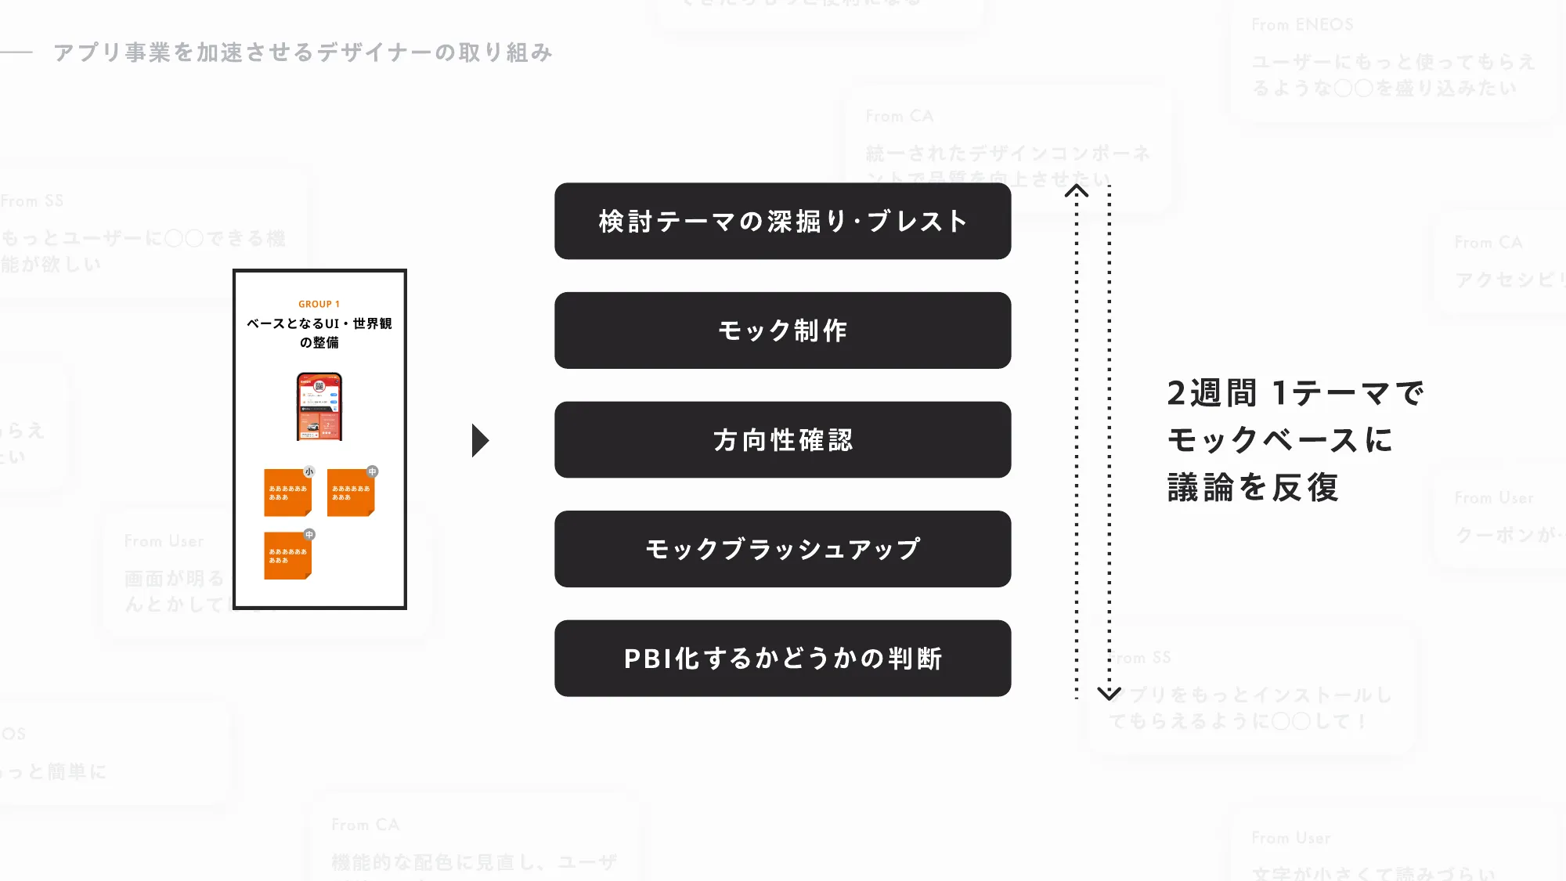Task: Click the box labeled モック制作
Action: pyautogui.click(x=782, y=330)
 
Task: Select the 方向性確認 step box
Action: pyautogui.click(x=782, y=440)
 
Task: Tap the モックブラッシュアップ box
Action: pyautogui.click(x=782, y=549)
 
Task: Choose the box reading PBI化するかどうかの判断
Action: pyautogui.click(x=782, y=659)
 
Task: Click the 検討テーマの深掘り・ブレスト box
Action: pyautogui.click(x=782, y=221)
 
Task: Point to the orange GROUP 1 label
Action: pyautogui.click(x=319, y=304)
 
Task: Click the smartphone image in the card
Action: pyautogui.click(x=319, y=406)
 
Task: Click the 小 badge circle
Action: pyautogui.click(x=309, y=471)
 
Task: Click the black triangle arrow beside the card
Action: pyautogui.click(x=480, y=440)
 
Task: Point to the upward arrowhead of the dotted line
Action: pyautogui.click(x=1077, y=191)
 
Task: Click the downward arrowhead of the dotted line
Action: pyautogui.click(x=1109, y=693)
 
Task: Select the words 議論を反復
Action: pyautogui.click(x=1252, y=487)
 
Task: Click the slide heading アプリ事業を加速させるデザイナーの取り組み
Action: pyautogui.click(x=303, y=52)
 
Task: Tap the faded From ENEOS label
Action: pyautogui.click(x=1301, y=25)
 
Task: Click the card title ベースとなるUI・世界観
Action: pyautogui.click(x=319, y=323)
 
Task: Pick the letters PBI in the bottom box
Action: pyautogui.click(x=648, y=659)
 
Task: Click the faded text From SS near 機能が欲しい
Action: pyautogui.click(x=32, y=201)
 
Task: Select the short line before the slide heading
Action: pyautogui.click(x=16, y=52)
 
